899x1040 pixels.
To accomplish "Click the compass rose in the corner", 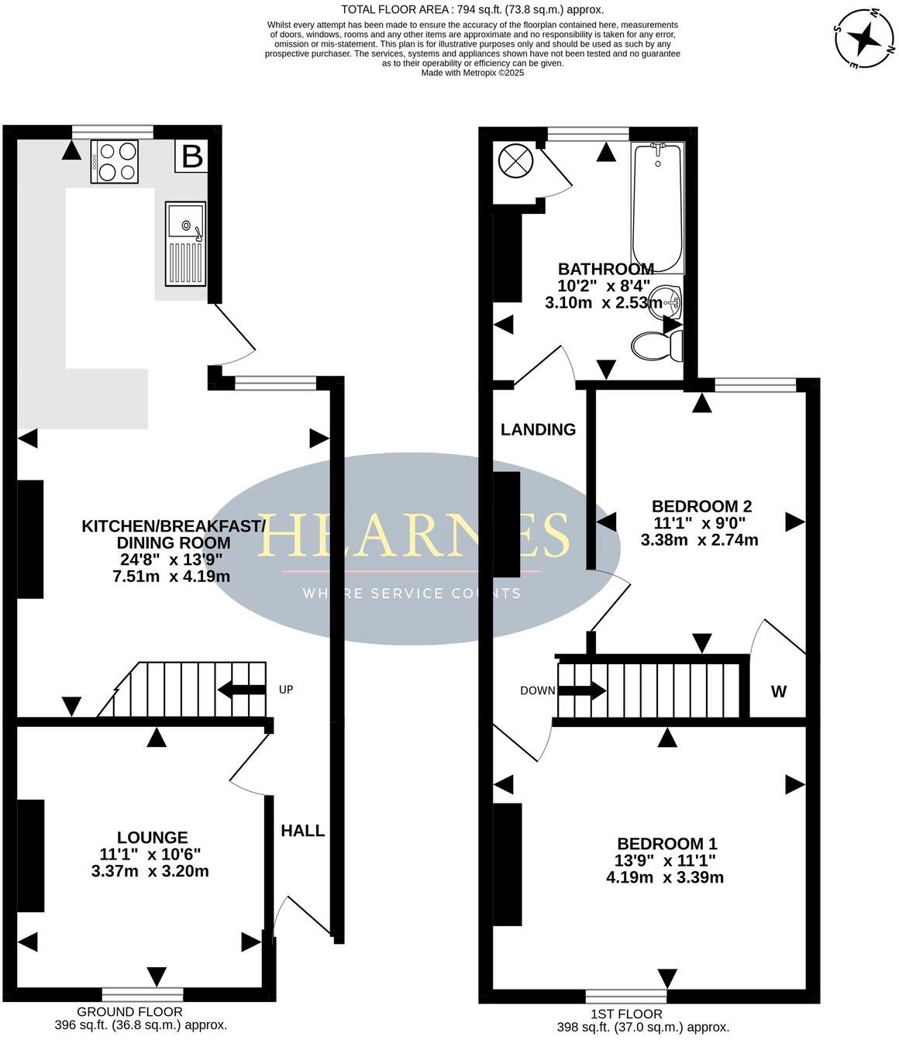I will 863,38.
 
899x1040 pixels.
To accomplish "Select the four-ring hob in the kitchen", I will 115,161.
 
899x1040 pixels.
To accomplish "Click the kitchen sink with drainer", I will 185,243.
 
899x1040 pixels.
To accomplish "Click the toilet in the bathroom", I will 657,345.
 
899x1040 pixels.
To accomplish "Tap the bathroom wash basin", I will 665,301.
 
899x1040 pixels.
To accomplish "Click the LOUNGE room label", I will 153,837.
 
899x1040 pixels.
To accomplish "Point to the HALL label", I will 302,831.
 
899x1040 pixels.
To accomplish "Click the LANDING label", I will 538,429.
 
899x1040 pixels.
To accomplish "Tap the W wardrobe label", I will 778,691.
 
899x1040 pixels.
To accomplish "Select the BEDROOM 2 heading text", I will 701,506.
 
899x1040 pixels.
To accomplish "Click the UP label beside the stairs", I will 286,689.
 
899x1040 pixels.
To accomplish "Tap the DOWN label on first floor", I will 537,690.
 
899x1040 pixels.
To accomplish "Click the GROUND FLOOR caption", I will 129,1011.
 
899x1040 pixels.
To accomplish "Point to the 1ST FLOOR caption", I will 626,1014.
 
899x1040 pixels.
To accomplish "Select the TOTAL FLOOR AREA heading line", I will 473,10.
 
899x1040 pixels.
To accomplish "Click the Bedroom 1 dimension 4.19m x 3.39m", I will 665,877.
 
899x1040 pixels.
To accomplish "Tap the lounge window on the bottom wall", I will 143,993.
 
